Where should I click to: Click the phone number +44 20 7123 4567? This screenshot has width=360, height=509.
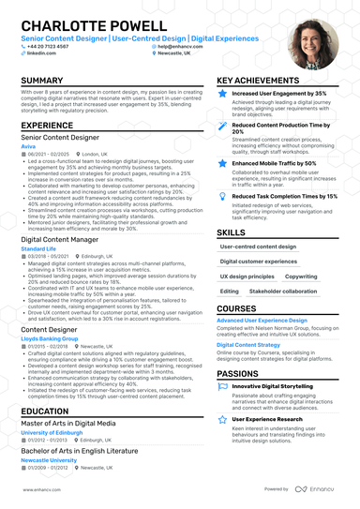(48, 46)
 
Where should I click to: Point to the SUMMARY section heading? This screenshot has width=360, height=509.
(42, 82)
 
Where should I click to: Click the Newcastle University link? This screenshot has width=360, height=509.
(48, 460)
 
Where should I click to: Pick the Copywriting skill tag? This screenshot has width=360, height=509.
(301, 277)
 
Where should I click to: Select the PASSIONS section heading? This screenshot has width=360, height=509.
(238, 373)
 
